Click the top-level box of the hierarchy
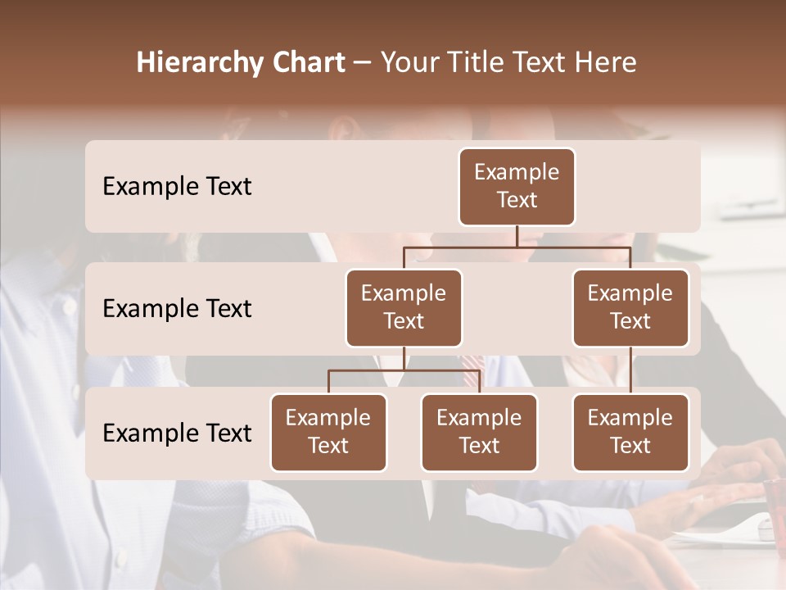[x=517, y=187]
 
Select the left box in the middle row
[x=404, y=308]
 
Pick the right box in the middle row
[x=630, y=308]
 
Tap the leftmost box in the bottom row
[x=328, y=433]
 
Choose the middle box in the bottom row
[x=479, y=433]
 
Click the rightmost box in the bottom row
[x=630, y=433]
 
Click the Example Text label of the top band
[x=177, y=187]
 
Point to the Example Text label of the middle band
[x=177, y=309]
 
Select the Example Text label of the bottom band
[x=177, y=433]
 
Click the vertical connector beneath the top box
[x=517, y=236]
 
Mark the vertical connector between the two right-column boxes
[x=630, y=370]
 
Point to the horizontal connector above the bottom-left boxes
[x=404, y=370]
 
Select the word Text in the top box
[x=517, y=200]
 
